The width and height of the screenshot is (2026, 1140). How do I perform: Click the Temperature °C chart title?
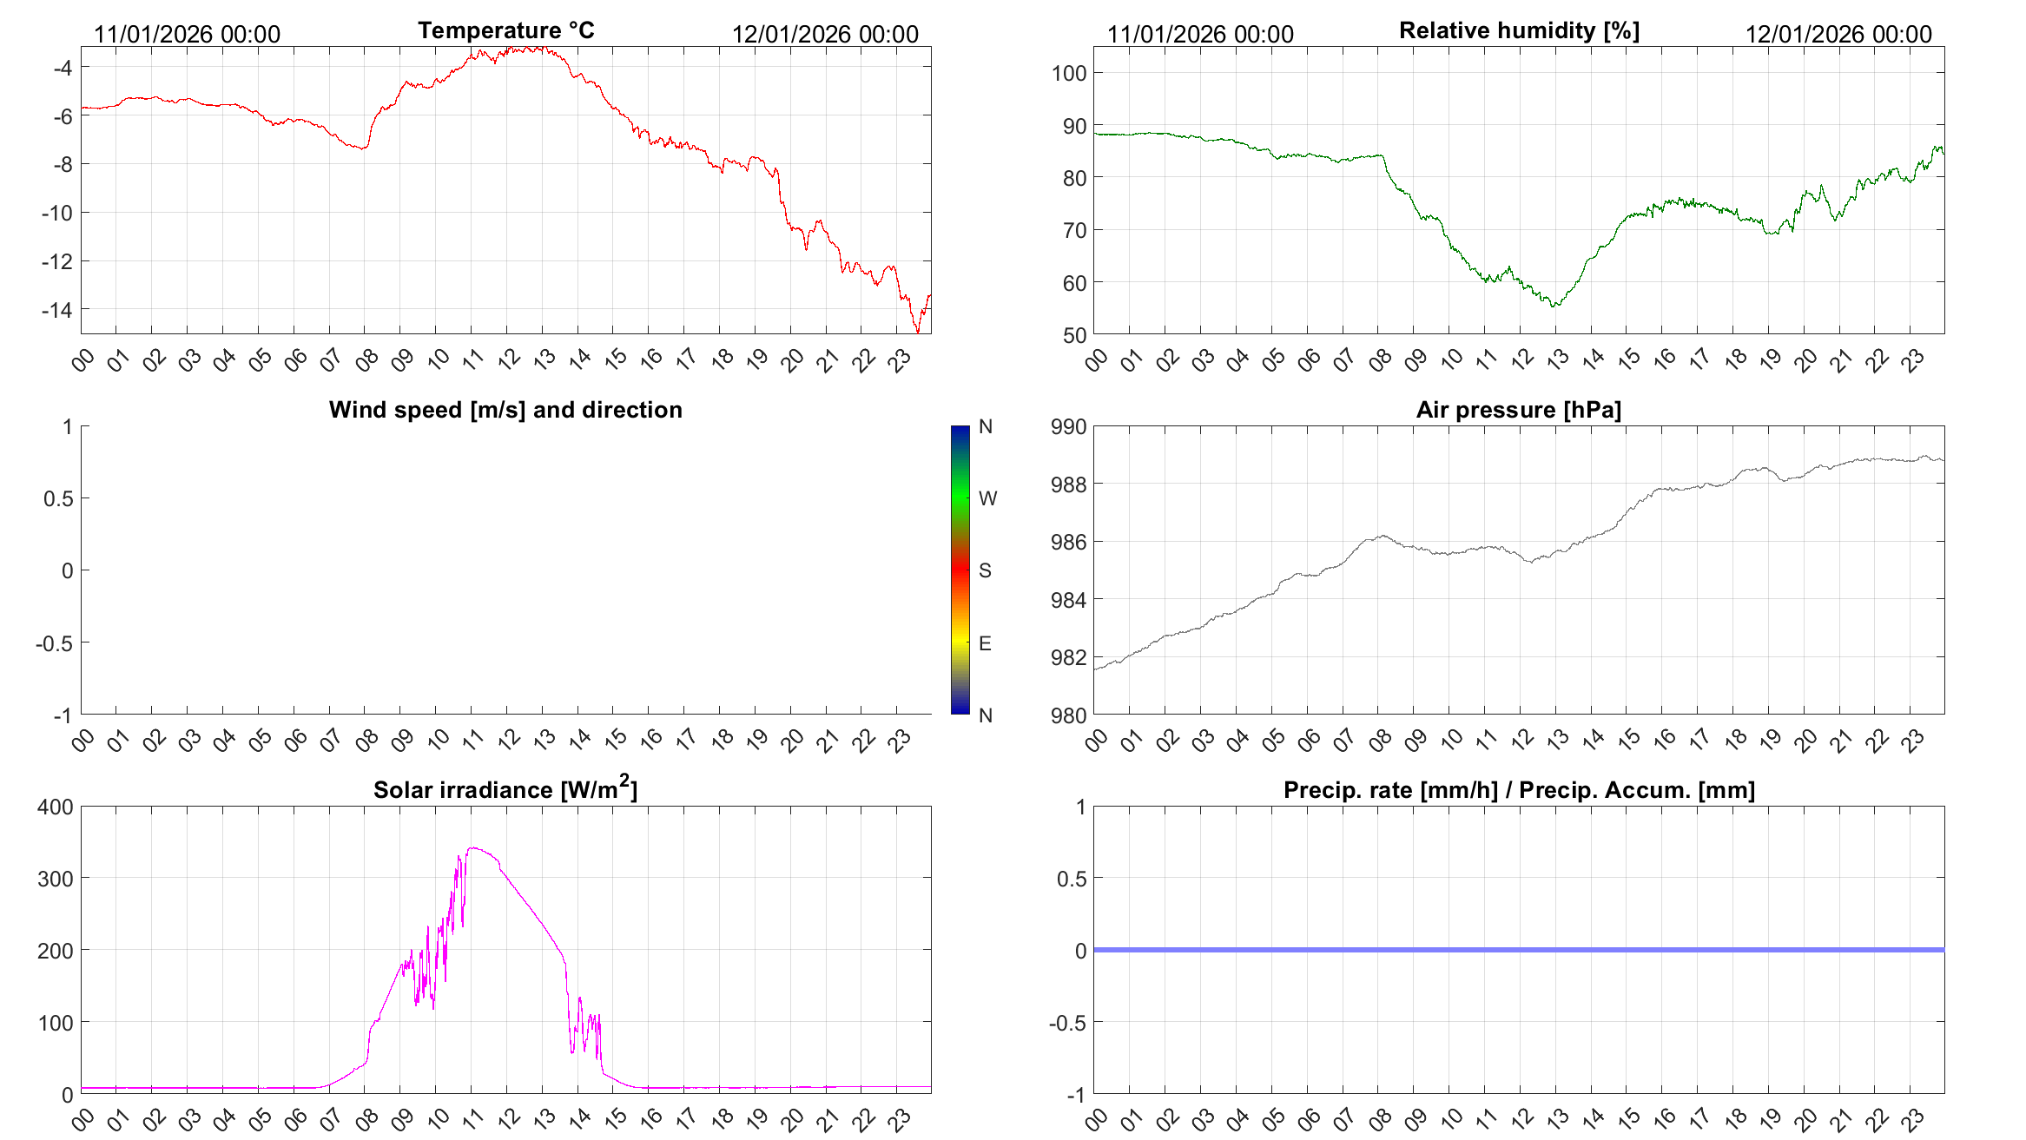click(x=505, y=30)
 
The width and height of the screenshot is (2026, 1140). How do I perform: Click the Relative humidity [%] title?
click(x=1519, y=30)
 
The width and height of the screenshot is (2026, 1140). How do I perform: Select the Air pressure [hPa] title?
click(x=1518, y=410)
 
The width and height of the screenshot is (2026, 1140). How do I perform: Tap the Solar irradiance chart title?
click(x=505, y=789)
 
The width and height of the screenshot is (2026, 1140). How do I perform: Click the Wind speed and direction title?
click(x=505, y=410)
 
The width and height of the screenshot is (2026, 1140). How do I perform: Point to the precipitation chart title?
click(x=1519, y=790)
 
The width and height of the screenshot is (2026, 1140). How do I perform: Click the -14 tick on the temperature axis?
click(x=57, y=310)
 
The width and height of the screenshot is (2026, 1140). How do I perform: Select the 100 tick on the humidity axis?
click(x=1069, y=73)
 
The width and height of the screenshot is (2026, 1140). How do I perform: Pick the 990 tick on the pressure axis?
click(x=1069, y=426)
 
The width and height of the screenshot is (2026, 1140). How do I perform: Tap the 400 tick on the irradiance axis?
click(x=56, y=807)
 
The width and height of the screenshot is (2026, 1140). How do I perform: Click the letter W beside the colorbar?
click(x=987, y=498)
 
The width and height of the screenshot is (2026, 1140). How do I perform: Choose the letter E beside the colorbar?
click(x=985, y=643)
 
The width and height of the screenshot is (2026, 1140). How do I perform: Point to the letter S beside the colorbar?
click(x=985, y=570)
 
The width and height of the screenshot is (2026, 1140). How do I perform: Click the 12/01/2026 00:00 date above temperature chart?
click(x=825, y=35)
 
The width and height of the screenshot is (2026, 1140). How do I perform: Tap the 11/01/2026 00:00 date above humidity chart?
click(x=1200, y=35)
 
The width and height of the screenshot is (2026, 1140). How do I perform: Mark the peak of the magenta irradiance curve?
click(x=472, y=848)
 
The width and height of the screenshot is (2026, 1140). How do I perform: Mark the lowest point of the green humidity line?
click(x=1554, y=306)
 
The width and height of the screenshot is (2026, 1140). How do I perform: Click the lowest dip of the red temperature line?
click(x=918, y=332)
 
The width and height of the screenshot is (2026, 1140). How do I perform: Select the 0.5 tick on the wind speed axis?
click(x=58, y=498)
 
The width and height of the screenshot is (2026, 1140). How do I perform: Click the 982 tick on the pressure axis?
click(x=1069, y=657)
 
